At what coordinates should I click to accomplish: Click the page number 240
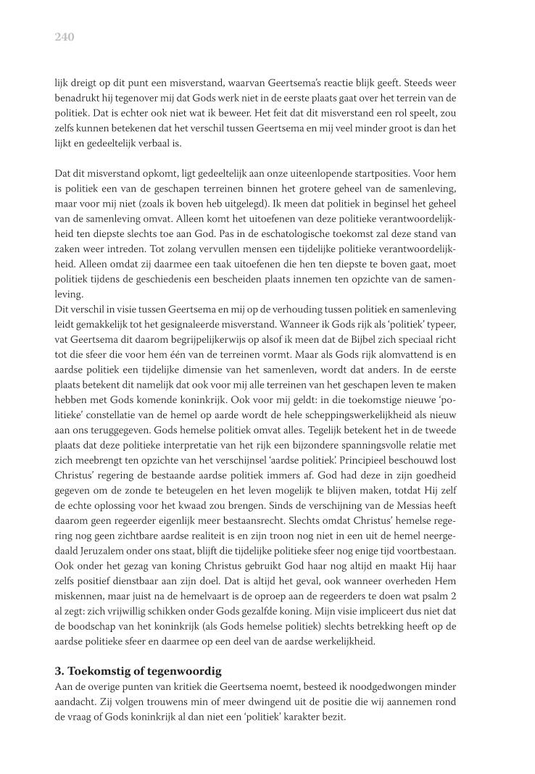click(x=65, y=37)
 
